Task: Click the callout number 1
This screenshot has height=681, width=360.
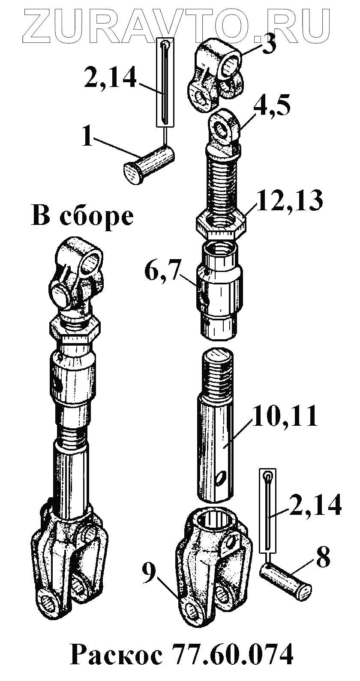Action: click(x=88, y=137)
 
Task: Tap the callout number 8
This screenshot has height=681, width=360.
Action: click(x=323, y=557)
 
